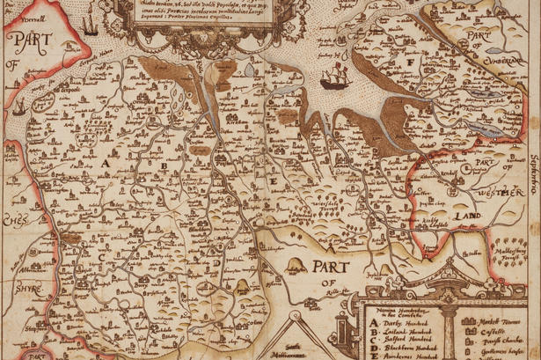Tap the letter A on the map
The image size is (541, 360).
(109, 163)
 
